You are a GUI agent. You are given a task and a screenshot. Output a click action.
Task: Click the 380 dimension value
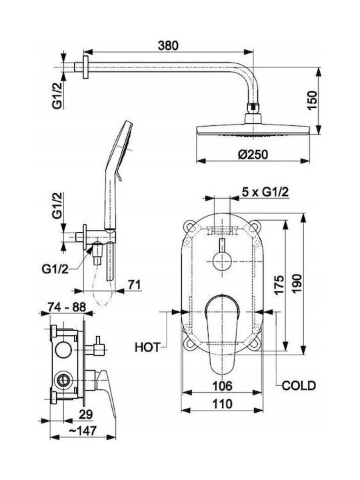tap(168, 45)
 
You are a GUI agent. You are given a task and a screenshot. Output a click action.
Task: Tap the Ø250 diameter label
tap(253, 154)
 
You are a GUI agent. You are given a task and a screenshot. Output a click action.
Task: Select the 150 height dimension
tap(312, 101)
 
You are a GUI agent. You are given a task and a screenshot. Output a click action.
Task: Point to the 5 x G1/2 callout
tap(265, 192)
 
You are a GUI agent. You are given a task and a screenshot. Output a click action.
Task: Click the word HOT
tap(147, 347)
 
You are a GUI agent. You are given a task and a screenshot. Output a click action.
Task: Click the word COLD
tap(299, 385)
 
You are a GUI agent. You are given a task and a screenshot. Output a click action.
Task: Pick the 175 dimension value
tap(279, 285)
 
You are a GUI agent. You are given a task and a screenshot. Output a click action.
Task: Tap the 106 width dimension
tap(222, 386)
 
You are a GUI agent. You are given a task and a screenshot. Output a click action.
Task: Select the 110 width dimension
tap(222, 404)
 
